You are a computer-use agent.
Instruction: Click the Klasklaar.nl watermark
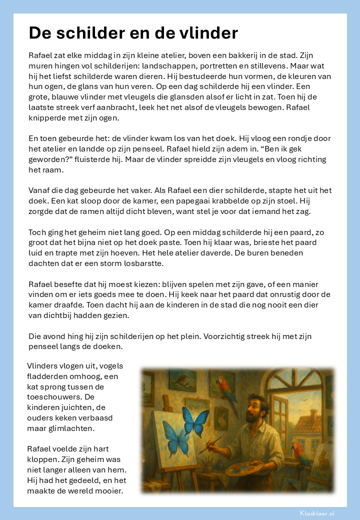(x=317, y=513)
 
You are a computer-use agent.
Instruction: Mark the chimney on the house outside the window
(x=313, y=414)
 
